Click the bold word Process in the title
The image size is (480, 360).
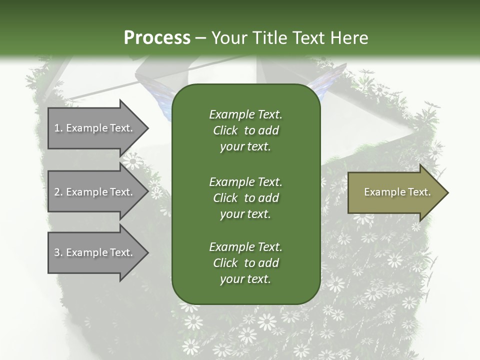(157, 37)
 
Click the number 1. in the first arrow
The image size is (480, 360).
(58, 128)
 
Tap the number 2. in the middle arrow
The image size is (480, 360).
(58, 192)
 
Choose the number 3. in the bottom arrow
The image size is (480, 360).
(58, 252)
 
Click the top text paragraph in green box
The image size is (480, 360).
(245, 130)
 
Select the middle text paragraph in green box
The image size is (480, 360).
(245, 197)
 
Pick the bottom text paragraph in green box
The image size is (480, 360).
(245, 263)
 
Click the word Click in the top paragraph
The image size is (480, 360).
(225, 130)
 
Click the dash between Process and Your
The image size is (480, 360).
(201, 38)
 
